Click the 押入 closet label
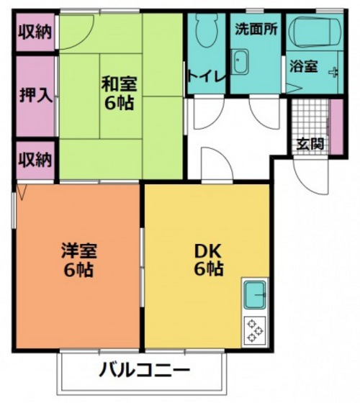pyautogui.click(x=34, y=96)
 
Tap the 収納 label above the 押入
pyautogui.click(x=35, y=31)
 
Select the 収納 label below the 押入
pyautogui.click(x=35, y=158)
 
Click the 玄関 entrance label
pyautogui.click(x=310, y=142)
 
